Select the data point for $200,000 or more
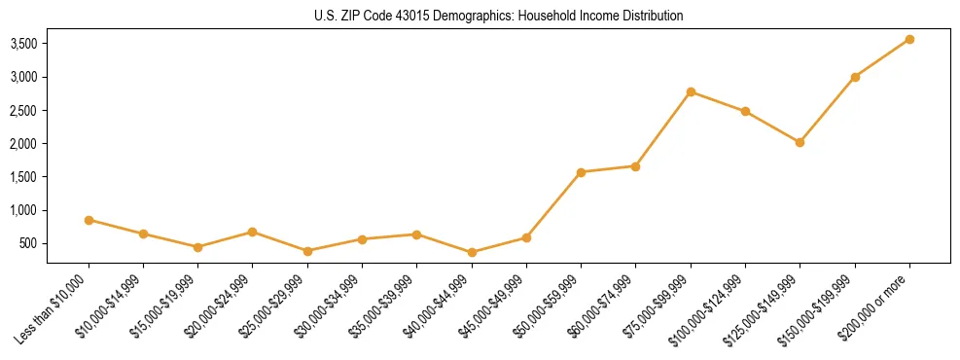point(909,39)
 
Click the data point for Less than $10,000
point(89,220)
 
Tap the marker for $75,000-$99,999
point(691,91)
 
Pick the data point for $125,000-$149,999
point(800,142)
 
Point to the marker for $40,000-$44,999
point(472,252)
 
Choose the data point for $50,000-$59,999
point(581,172)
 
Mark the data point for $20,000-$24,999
point(253,232)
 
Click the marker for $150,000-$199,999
point(855,77)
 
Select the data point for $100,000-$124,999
point(745,111)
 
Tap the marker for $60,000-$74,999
point(635,166)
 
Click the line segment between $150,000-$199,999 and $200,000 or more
point(882,58)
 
